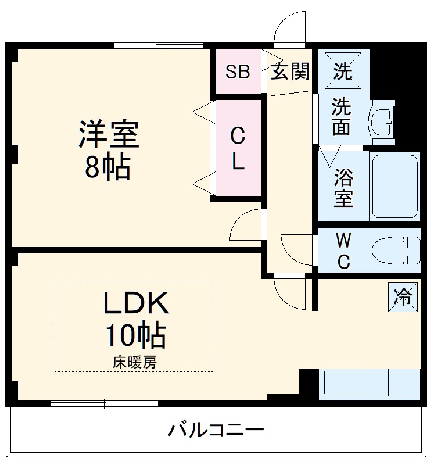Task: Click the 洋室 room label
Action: [x=109, y=133]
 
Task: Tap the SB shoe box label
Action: [x=238, y=72]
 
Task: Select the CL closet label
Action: [x=238, y=149]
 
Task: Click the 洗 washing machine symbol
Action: [x=342, y=70]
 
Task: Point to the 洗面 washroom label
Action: [x=341, y=117]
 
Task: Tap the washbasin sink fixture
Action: [x=382, y=121]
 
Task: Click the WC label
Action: [x=343, y=251]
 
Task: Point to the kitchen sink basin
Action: [x=345, y=384]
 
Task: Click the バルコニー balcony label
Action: [x=216, y=431]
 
